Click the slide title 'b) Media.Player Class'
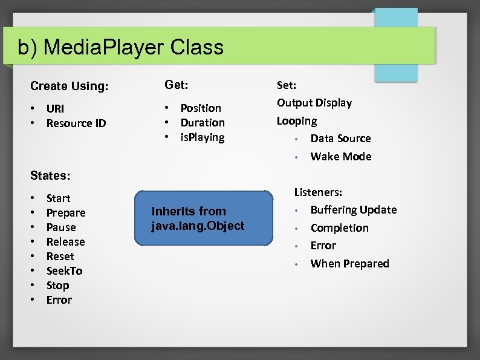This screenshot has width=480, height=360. (x=120, y=47)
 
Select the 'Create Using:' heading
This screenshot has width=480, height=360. (x=69, y=86)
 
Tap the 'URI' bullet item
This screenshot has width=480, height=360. (x=55, y=109)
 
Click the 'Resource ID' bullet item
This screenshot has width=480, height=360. (x=76, y=123)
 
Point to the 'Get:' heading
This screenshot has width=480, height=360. (x=176, y=85)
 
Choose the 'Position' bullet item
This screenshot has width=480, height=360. (x=201, y=108)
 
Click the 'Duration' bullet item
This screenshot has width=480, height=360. (x=202, y=123)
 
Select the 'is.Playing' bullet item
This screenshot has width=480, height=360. (x=202, y=137)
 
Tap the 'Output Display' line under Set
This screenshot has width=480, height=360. (x=314, y=103)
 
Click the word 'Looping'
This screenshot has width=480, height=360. (x=296, y=121)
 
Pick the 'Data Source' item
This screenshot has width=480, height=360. (x=340, y=139)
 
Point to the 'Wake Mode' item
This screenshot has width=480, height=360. (x=340, y=157)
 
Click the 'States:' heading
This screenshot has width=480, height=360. (x=50, y=176)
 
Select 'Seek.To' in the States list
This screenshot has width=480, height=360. (x=64, y=271)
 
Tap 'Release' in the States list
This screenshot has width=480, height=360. (x=65, y=242)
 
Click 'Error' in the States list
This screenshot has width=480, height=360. (x=59, y=300)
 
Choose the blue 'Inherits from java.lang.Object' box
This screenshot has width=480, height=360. (x=203, y=218)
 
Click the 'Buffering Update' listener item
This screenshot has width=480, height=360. (x=353, y=210)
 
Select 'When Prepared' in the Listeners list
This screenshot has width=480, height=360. (x=349, y=264)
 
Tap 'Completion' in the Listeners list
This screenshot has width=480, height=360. (x=339, y=228)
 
